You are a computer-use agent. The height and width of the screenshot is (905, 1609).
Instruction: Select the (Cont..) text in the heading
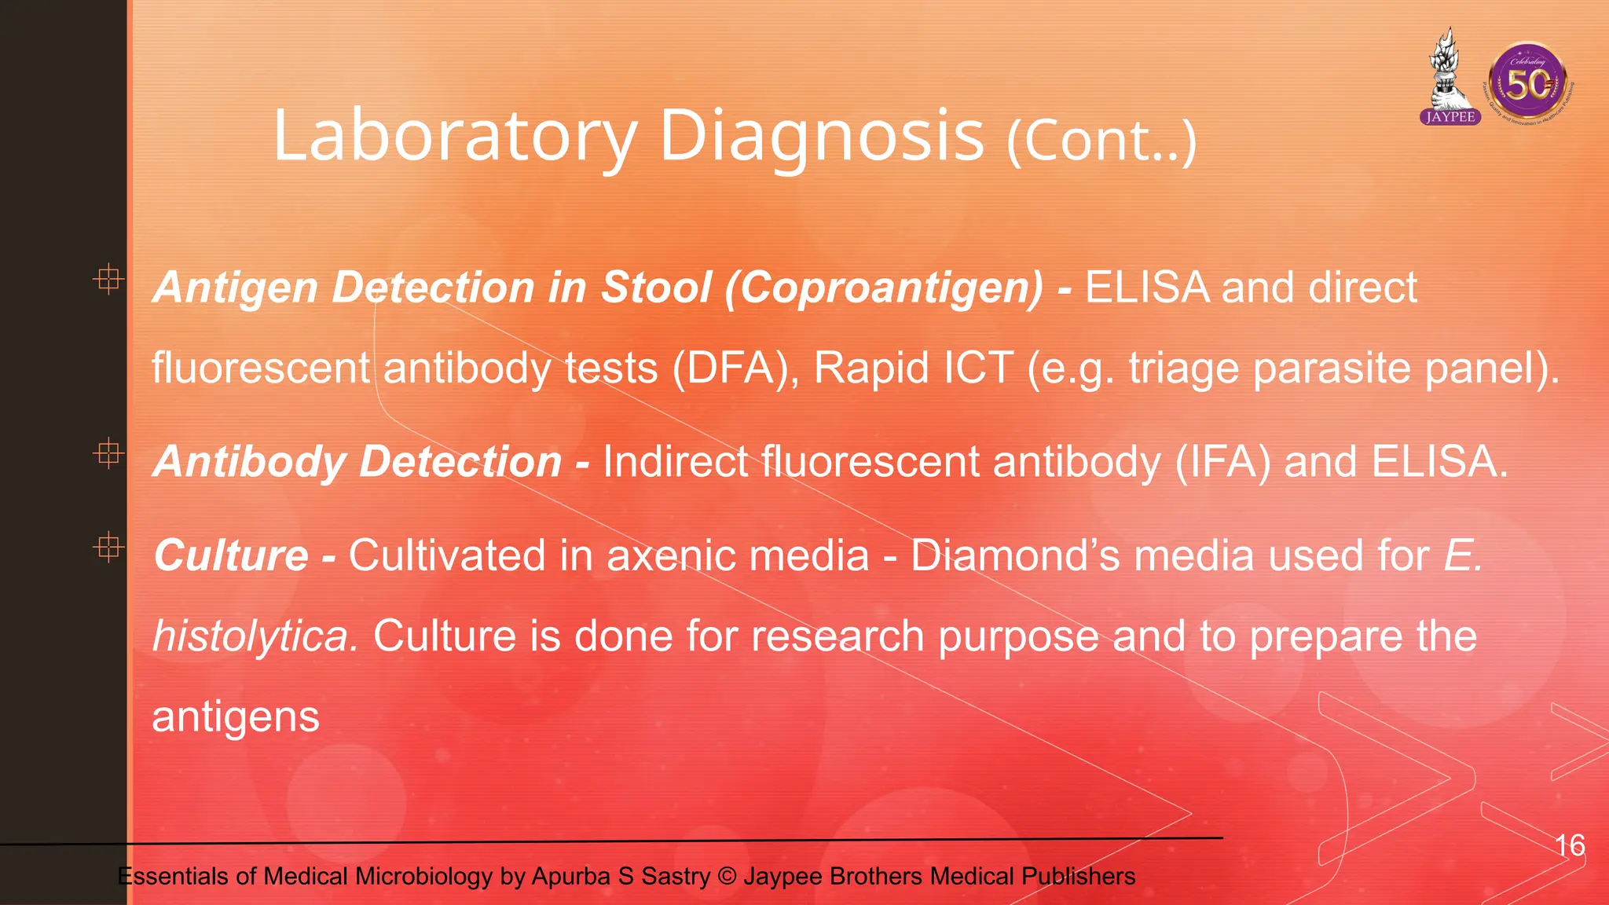(x=1101, y=141)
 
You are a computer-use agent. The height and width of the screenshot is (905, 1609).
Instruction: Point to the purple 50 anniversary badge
(x=1527, y=82)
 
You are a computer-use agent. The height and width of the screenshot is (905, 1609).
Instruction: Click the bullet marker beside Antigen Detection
(x=108, y=278)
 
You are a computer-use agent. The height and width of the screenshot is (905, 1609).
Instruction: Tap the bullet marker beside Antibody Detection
(x=108, y=453)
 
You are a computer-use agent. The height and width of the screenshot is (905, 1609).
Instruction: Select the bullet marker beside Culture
(x=108, y=547)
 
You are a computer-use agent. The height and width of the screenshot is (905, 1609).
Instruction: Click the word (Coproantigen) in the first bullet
(x=884, y=288)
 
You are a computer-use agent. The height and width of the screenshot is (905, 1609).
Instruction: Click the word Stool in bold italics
(x=656, y=288)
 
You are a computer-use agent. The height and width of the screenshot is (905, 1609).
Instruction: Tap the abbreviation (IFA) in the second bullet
(x=1222, y=462)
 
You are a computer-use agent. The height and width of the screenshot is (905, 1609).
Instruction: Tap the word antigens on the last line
(x=236, y=717)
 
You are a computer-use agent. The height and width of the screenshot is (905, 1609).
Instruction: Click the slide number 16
(x=1570, y=845)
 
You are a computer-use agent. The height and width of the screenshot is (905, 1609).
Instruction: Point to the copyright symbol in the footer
(x=727, y=876)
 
